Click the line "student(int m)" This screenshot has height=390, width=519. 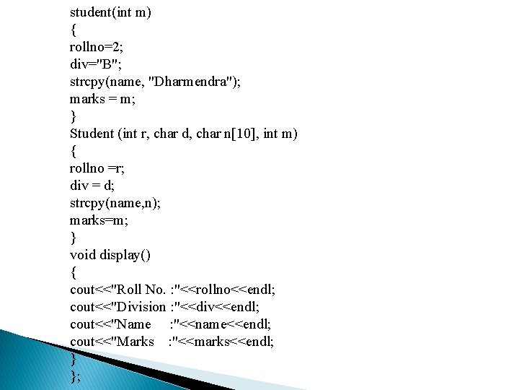pos(110,12)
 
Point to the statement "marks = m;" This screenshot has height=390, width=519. pos(102,99)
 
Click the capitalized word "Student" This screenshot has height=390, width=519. pos(92,134)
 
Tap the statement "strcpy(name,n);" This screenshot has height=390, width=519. pos(115,203)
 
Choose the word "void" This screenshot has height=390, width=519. pos(83,255)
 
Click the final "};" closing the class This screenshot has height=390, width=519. pos(75,376)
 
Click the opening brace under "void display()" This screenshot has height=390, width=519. pos(73,272)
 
